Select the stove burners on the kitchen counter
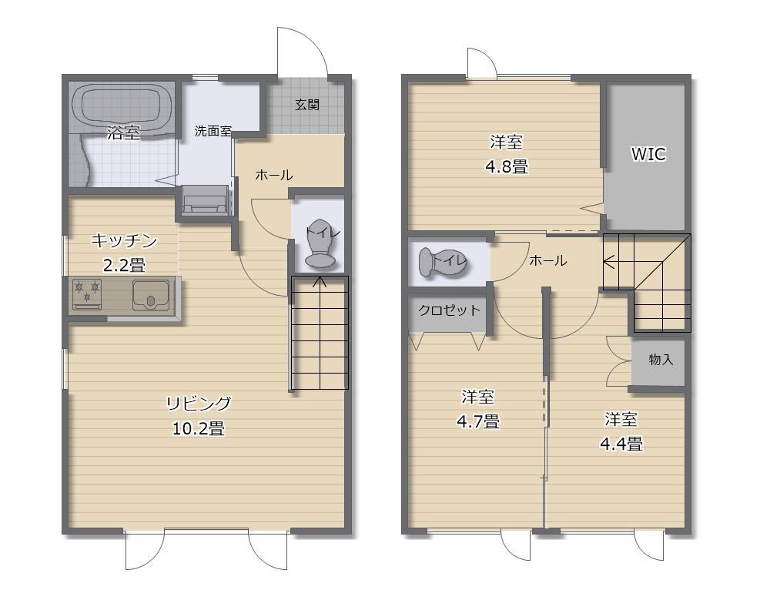87,294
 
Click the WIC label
648,154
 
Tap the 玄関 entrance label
307,105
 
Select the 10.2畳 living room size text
198,428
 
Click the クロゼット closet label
450,310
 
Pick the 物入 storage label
661,359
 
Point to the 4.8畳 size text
506,166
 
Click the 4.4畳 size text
621,444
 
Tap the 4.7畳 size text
477,421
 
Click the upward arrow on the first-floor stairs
320,283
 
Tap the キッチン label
124,241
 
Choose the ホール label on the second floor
547,260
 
